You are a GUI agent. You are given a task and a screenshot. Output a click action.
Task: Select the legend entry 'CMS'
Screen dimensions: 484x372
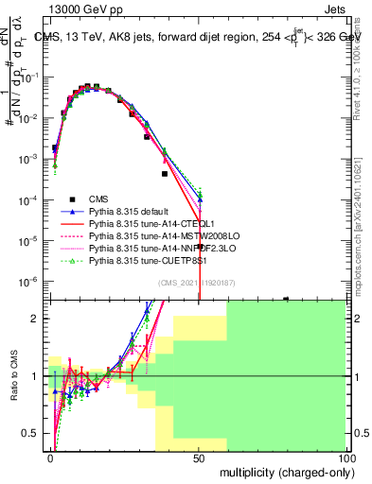99,199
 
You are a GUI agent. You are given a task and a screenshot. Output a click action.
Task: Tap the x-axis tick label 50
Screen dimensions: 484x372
198,457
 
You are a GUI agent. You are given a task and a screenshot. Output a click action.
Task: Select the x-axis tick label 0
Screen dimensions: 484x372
50,457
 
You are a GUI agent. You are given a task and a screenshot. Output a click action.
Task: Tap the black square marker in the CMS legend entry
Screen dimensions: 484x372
72,199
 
